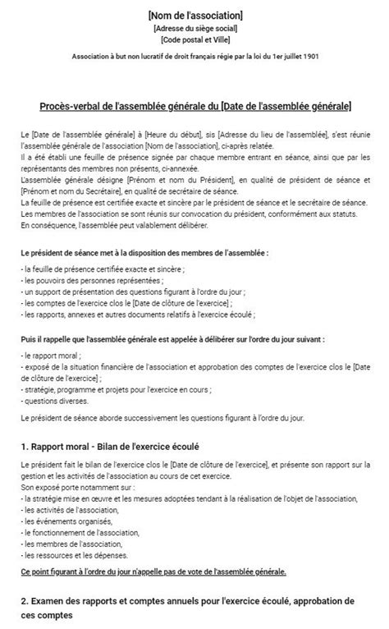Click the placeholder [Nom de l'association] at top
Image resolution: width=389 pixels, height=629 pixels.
click(x=194, y=16)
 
